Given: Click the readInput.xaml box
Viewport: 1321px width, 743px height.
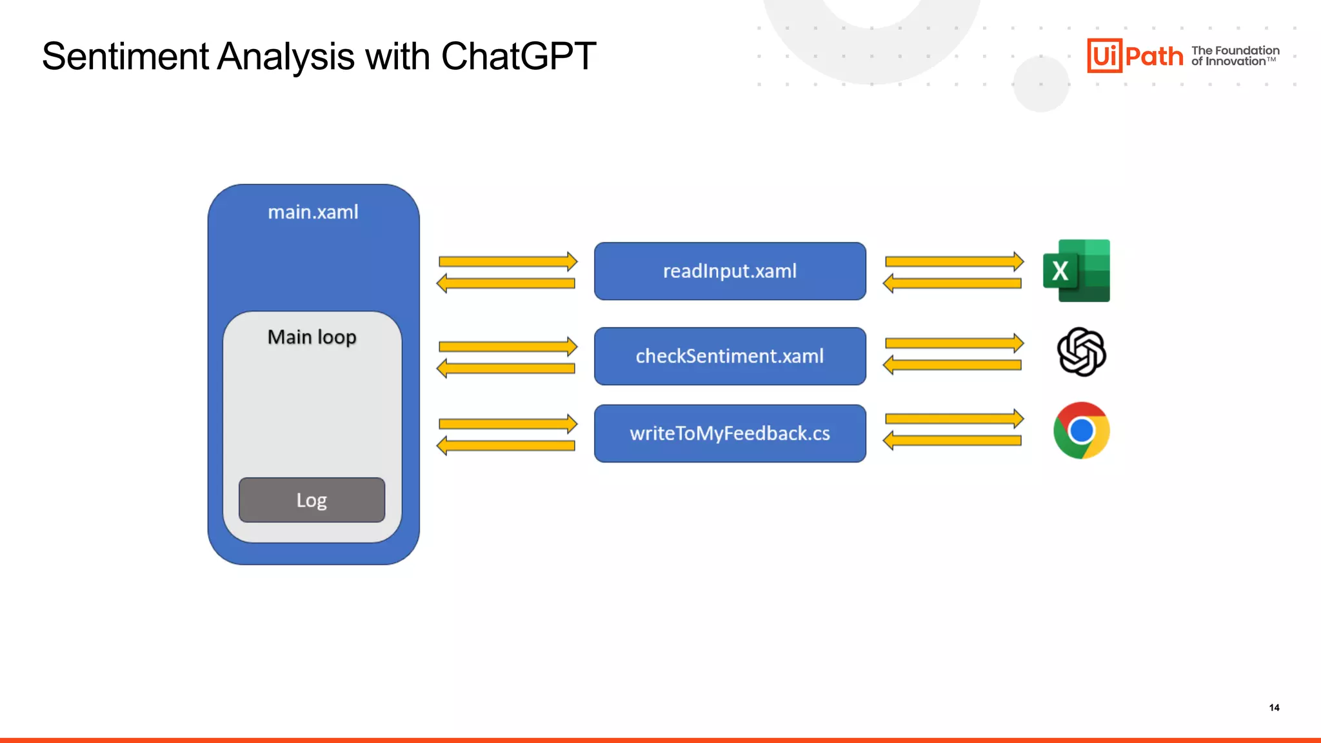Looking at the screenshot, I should pos(730,271).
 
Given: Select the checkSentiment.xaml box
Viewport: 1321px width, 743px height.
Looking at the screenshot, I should pos(730,356).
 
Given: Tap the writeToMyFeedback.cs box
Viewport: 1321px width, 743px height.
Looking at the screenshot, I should pos(730,433).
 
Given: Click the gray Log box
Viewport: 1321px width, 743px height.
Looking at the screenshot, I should pos(312,500).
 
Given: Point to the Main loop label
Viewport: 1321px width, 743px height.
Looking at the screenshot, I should pos(312,337).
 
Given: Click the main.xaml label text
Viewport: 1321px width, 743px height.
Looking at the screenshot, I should pos(313,212).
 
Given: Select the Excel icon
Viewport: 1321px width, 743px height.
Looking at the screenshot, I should pos(1076,271).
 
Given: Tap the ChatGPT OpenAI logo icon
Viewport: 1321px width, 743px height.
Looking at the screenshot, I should pos(1081,352).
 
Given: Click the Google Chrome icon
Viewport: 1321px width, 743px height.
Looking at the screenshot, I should pos(1081,431).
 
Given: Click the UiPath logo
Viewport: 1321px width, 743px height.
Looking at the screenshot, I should pos(1135,55).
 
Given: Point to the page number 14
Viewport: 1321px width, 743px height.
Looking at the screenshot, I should pos(1274,708).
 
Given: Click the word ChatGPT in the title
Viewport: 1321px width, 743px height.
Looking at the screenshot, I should pos(518,57).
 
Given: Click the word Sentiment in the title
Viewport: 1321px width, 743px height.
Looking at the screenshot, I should pos(125,57).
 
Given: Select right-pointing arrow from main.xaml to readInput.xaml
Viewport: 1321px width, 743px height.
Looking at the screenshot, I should pos(508,261).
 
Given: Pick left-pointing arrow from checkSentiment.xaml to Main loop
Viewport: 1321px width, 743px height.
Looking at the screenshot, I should pos(506,368).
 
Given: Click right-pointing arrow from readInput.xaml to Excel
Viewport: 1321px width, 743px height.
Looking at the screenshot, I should pos(954,261).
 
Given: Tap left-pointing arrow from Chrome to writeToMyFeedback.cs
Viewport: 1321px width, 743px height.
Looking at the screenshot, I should pos(953,441).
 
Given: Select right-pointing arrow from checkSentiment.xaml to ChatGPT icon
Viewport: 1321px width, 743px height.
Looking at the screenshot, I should pos(954,343).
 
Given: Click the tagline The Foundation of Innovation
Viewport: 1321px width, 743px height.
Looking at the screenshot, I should pos(1235,55).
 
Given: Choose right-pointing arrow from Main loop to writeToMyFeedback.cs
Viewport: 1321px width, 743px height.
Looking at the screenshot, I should pos(508,424).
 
